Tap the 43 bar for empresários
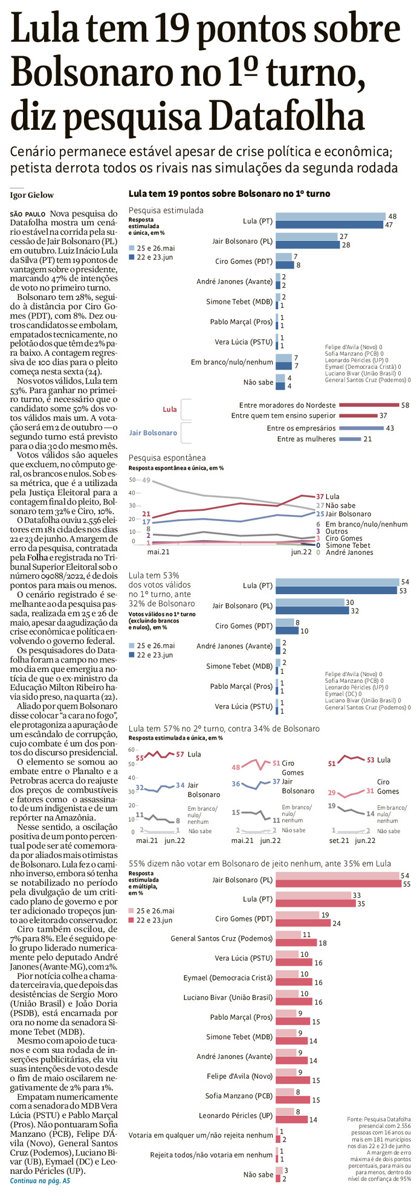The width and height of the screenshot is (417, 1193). click(x=361, y=428)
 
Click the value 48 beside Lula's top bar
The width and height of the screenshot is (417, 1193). click(x=392, y=216)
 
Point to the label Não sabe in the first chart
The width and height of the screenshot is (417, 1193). click(x=258, y=382)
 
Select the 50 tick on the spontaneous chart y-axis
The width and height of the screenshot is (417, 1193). click(x=132, y=479)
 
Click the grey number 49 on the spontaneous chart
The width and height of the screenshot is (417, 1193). click(x=146, y=480)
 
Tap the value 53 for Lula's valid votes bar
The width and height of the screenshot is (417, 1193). click(x=404, y=590)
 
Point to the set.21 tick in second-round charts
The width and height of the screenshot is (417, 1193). click(x=339, y=840)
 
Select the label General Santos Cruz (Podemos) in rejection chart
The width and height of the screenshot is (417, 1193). click(x=222, y=939)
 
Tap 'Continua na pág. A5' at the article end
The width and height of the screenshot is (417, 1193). click(x=40, y=1180)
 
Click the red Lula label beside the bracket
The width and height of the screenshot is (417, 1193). click(x=170, y=409)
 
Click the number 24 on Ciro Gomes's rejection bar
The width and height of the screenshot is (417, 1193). click(x=336, y=923)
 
